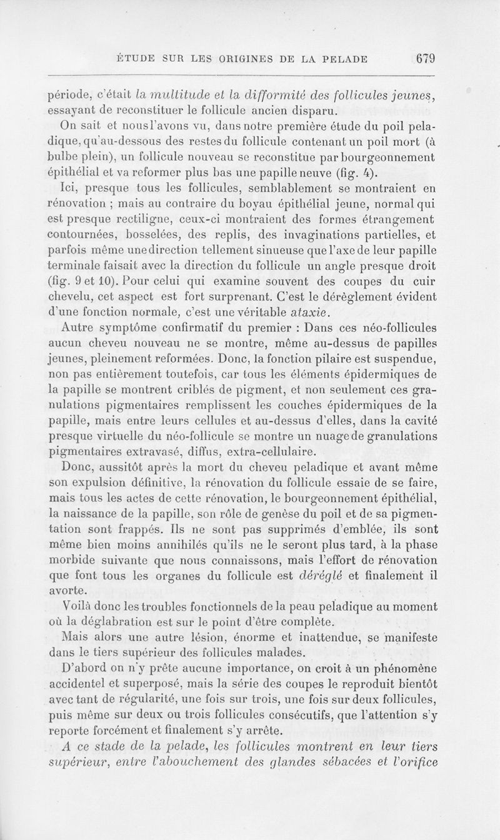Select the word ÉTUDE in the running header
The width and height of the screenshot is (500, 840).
coord(137,61)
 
